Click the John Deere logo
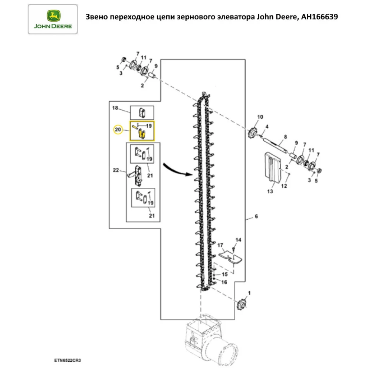click(x=53, y=19)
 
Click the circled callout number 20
click(x=118, y=130)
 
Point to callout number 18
click(x=115, y=108)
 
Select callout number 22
click(x=115, y=170)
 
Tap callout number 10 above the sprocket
click(x=260, y=117)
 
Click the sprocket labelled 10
click(x=253, y=131)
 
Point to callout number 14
click(x=239, y=240)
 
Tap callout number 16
click(x=224, y=282)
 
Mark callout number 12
click(x=284, y=186)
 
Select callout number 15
click(x=224, y=274)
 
